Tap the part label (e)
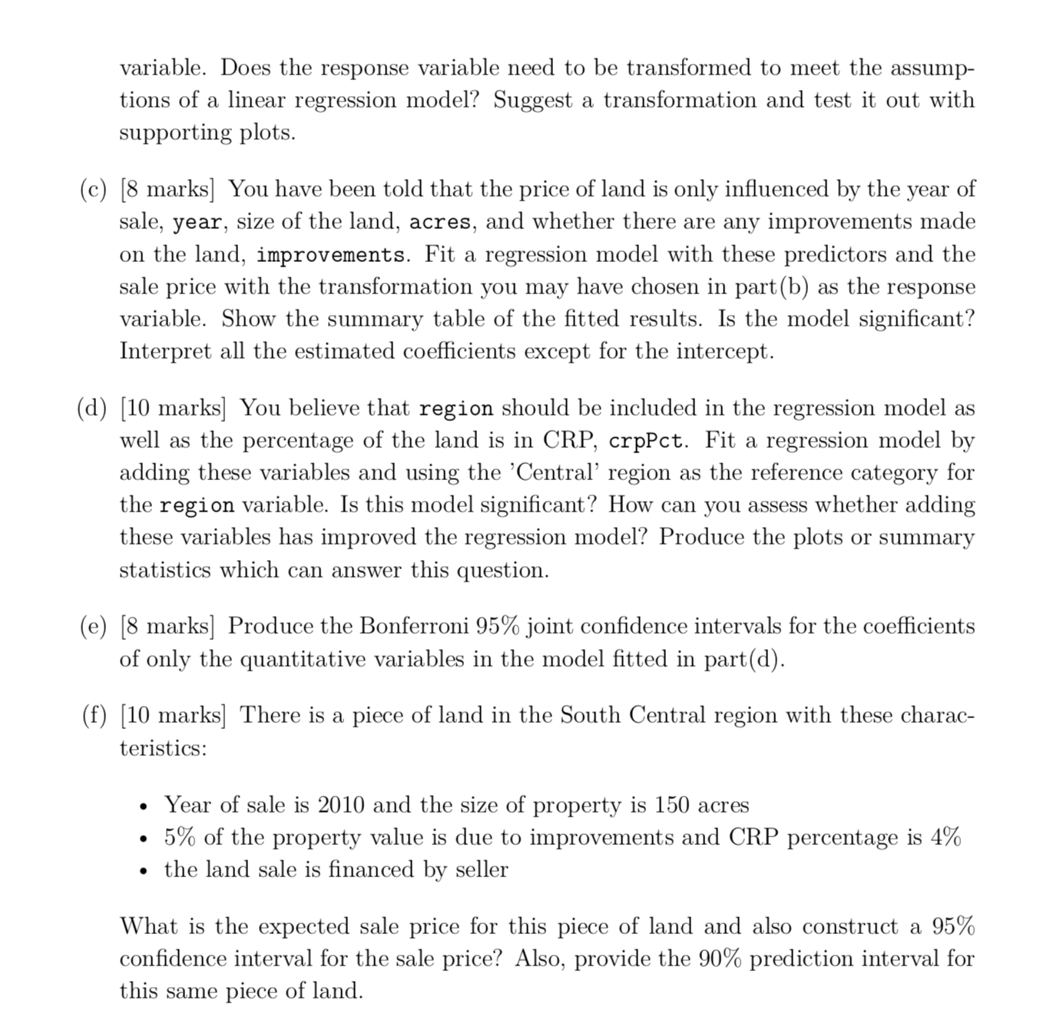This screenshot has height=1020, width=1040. [x=94, y=627]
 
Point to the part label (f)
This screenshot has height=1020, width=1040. [x=94, y=716]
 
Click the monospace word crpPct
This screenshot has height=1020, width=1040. [x=648, y=442]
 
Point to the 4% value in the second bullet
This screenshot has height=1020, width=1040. [x=946, y=837]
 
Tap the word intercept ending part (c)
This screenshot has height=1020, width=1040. [x=724, y=352]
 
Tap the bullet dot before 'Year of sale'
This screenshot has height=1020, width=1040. [x=144, y=806]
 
